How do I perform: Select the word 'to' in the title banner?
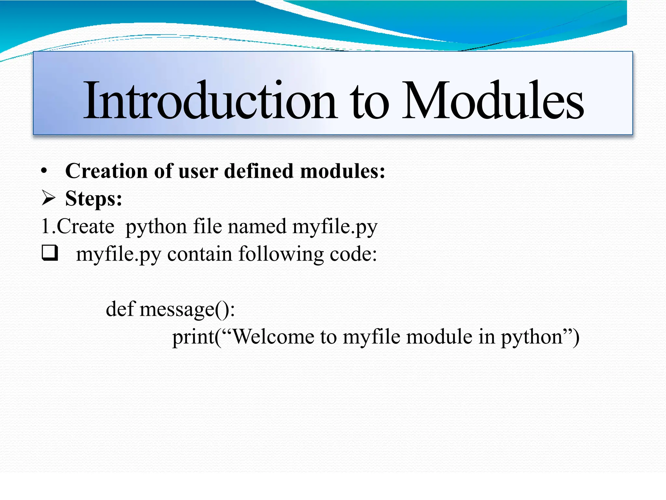coord(369,103)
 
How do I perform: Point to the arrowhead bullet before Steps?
coord(49,198)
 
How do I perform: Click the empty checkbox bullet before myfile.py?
coord(50,253)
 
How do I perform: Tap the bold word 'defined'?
coord(259,171)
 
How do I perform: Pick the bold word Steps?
coord(94,199)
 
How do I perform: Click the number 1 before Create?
coord(46,226)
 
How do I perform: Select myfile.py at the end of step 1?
coord(335,227)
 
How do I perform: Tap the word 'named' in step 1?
coord(257,226)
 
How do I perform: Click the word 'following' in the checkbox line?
coord(281,254)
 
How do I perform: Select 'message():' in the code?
coord(187,309)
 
